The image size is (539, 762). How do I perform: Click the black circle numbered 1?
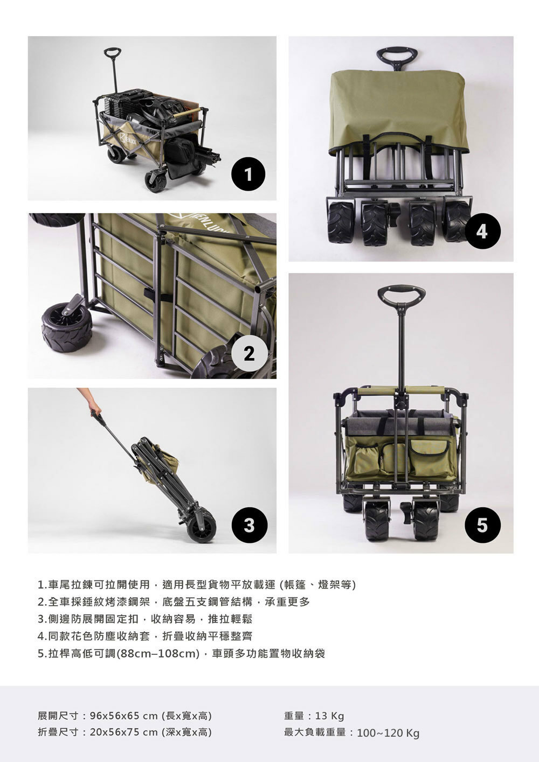249,174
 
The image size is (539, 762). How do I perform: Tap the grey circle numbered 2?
249,353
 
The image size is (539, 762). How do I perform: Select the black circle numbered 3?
249,525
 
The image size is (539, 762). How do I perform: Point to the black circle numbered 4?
482,232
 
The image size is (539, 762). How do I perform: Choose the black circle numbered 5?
482,525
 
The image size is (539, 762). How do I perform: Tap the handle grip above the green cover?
397,56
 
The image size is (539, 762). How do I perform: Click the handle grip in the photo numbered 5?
402,294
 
